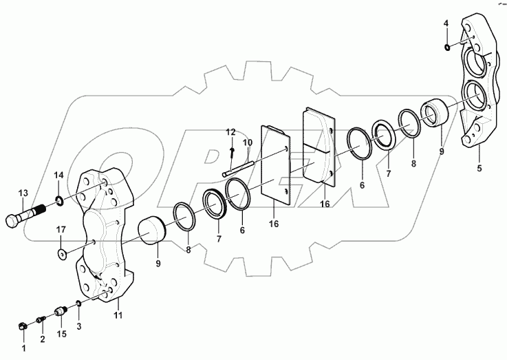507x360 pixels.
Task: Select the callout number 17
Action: click(x=61, y=229)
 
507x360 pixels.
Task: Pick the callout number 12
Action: click(x=231, y=131)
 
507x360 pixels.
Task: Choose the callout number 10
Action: click(x=248, y=142)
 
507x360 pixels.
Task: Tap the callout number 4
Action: click(x=446, y=23)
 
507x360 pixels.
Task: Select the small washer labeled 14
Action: click(x=60, y=201)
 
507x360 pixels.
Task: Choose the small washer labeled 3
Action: click(x=79, y=305)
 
